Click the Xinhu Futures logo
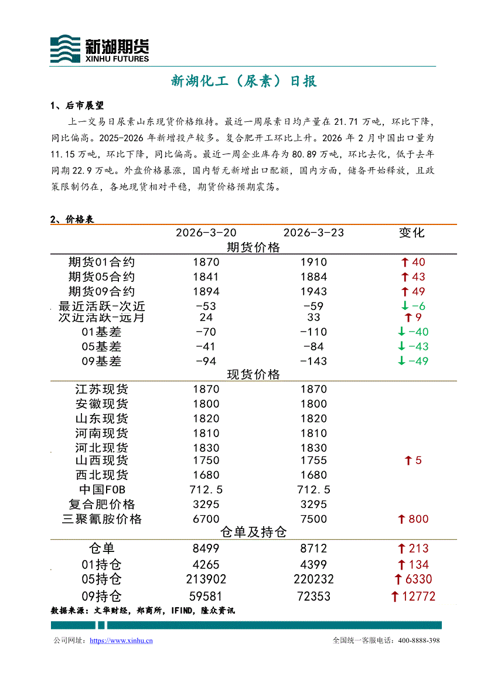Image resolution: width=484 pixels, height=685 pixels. (99, 49)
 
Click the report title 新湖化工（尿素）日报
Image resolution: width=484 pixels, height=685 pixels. (244, 81)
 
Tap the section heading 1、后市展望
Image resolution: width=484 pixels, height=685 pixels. (77, 106)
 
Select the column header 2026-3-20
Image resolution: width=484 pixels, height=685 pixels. (206, 233)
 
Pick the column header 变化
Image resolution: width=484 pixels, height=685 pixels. (411, 233)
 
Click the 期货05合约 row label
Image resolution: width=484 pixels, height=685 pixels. (101, 277)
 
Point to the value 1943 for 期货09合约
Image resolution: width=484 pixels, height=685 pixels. (313, 291)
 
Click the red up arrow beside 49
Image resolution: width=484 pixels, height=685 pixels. (404, 291)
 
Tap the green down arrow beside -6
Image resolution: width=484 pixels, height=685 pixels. (404, 306)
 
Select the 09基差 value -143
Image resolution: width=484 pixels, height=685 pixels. (313, 361)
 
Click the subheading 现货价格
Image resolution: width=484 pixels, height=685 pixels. (253, 374)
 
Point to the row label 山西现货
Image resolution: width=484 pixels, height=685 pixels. (101, 461)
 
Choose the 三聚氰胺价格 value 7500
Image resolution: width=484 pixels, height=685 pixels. (313, 519)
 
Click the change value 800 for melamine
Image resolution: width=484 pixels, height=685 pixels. (418, 519)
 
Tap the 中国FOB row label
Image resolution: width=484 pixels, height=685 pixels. (101, 490)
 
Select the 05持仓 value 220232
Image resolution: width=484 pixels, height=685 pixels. (313, 580)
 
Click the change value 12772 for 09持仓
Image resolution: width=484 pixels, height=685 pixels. (418, 597)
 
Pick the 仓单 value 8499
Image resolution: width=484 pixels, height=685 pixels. (206, 548)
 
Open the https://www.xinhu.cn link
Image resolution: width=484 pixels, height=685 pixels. (121, 641)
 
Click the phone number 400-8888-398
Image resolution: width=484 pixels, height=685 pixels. (418, 641)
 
